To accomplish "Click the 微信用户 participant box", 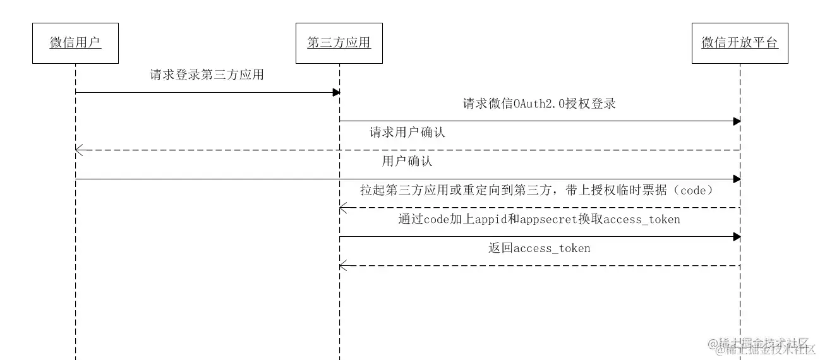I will tap(75, 43).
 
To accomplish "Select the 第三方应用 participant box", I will tap(339, 43).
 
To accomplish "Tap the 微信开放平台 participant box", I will tap(740, 43).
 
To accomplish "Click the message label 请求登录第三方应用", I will tap(207, 75).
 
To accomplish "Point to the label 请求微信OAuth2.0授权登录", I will tap(539, 104).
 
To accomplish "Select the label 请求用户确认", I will tap(407, 133).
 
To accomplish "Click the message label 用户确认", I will tap(407, 161).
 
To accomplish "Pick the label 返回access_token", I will tap(539, 248).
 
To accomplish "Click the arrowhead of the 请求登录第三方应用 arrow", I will tap(337, 92).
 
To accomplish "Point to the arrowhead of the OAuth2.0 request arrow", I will tap(737, 121).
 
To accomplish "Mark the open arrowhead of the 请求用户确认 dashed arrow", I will tap(78, 150).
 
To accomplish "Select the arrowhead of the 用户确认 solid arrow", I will tap(737, 179).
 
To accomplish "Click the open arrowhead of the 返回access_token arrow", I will tap(342, 265).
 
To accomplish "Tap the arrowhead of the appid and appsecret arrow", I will tap(737, 236).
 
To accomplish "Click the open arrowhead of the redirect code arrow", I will tap(342, 207).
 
